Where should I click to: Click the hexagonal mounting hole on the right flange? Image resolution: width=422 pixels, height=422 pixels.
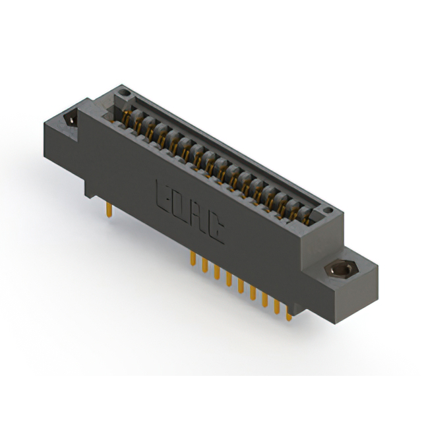pyautogui.click(x=340, y=268)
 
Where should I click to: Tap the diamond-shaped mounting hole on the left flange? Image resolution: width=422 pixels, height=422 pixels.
pyautogui.click(x=71, y=119)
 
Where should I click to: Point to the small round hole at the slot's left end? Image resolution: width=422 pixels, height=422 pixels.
pyautogui.click(x=124, y=93)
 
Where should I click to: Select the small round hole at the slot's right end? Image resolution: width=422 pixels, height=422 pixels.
pyautogui.click(x=328, y=210)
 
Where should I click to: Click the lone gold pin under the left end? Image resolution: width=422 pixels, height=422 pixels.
pyautogui.click(x=109, y=210)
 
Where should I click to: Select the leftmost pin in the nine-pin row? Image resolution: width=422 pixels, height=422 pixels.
pyautogui.click(x=193, y=258)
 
